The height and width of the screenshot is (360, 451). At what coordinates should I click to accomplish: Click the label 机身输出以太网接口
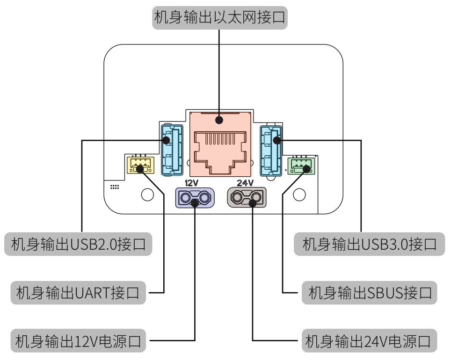(219, 18)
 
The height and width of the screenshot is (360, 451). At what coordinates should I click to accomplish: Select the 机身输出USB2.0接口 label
(79, 244)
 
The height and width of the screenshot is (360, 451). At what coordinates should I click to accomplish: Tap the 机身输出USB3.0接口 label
(370, 244)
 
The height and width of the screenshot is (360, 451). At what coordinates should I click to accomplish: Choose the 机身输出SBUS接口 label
(370, 293)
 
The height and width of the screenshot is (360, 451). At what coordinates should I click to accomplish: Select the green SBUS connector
(301, 165)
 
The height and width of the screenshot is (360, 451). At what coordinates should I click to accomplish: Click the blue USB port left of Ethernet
(171, 150)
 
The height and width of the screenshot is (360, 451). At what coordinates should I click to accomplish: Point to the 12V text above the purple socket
(192, 183)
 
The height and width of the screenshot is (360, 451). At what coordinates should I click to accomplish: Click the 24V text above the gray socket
(245, 183)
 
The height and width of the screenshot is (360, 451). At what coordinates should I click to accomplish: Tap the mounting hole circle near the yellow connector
(147, 194)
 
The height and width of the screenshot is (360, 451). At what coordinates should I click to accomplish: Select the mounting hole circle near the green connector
(299, 194)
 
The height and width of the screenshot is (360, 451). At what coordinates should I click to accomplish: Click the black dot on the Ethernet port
(219, 120)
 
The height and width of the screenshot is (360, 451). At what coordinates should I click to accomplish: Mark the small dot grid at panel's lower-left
(115, 187)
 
